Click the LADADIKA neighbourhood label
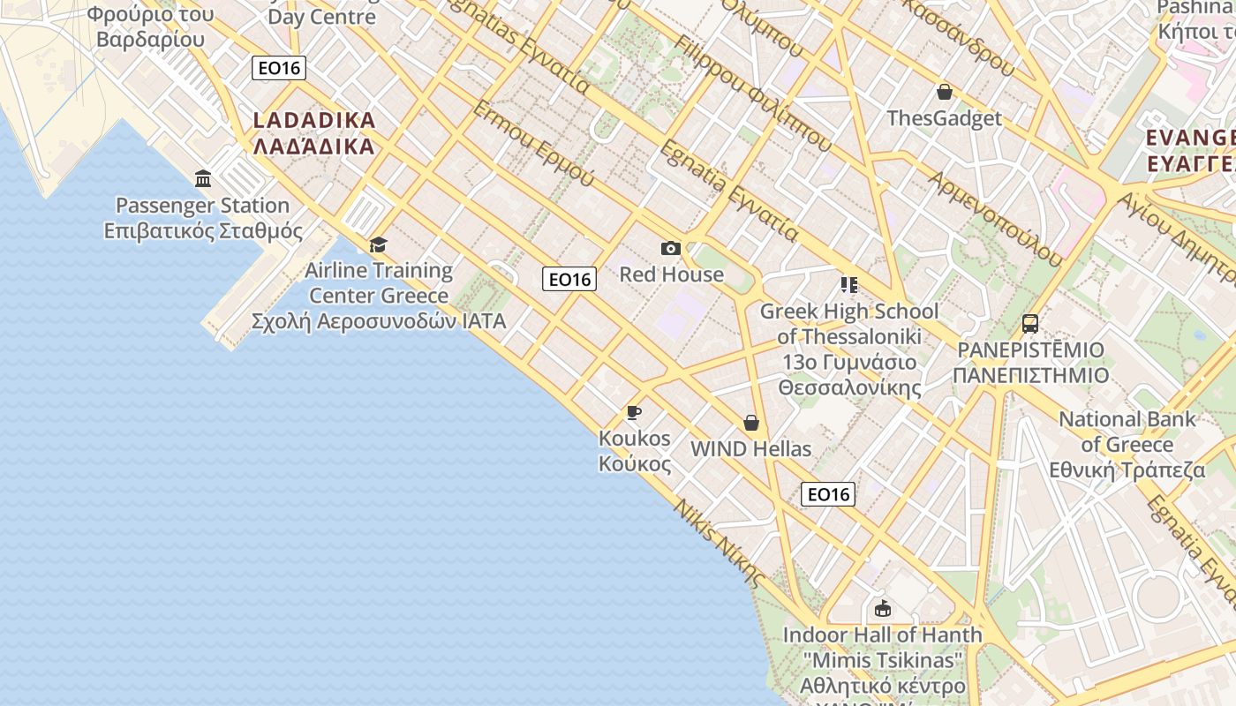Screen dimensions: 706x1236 click(314, 133)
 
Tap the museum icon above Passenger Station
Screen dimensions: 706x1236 click(204, 179)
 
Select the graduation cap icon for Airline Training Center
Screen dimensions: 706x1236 click(378, 244)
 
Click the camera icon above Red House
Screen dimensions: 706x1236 click(671, 249)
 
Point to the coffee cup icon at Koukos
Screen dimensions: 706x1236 click(633, 412)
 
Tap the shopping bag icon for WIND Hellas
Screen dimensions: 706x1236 click(751, 424)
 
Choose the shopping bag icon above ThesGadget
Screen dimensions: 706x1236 click(945, 92)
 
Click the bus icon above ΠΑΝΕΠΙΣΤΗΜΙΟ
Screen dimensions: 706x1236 click(1030, 324)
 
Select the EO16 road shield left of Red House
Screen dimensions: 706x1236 click(569, 280)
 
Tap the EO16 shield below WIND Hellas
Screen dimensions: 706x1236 click(828, 494)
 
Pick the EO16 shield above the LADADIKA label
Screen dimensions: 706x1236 click(279, 68)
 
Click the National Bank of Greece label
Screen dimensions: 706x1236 click(1127, 445)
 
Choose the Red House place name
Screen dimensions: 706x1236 click(671, 274)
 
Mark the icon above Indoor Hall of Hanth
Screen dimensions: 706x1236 click(882, 609)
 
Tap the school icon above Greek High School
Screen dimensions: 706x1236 click(849, 285)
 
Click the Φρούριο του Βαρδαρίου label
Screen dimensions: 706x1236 click(150, 26)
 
